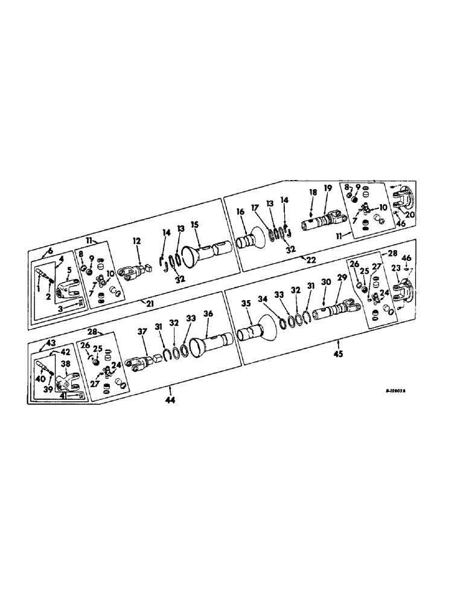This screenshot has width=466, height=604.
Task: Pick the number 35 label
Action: (246, 304)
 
